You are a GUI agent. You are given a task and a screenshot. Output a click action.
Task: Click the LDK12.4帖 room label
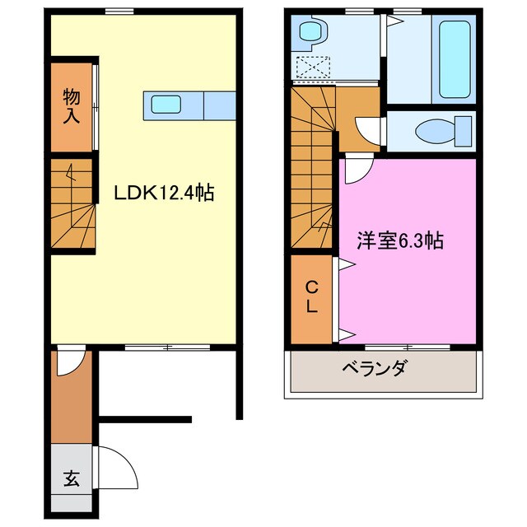click(x=164, y=193)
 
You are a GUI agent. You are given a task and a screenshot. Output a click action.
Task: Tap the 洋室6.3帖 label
click(x=400, y=240)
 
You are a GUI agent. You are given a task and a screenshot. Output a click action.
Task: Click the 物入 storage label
click(x=72, y=106)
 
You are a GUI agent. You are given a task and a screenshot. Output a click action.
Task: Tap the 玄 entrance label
click(x=72, y=478)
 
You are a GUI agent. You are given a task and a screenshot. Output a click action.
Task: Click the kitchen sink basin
click(x=166, y=105)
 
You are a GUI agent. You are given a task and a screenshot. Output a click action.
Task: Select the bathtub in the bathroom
click(x=454, y=59)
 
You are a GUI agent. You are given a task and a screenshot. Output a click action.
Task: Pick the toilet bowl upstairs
click(x=436, y=132)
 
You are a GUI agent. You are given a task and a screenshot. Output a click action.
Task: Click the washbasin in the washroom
click(x=313, y=31)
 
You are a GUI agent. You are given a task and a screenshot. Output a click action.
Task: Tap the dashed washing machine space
click(x=313, y=68)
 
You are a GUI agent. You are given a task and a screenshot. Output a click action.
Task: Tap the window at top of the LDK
click(x=119, y=12)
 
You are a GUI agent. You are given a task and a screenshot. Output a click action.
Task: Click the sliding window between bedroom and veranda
click(x=408, y=347)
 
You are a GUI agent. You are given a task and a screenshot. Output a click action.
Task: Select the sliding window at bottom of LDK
click(x=167, y=347)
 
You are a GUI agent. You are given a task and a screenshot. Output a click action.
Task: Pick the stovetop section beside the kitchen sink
click(x=220, y=105)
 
